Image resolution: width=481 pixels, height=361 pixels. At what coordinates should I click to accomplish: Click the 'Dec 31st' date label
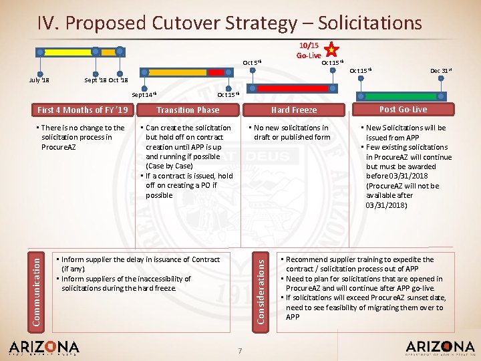pyautogui.click(x=439, y=70)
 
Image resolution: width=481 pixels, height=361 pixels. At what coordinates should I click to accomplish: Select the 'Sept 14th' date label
pyautogui.click(x=143, y=95)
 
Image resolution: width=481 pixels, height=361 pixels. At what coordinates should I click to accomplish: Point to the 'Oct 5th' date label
pyautogui.click(x=252, y=63)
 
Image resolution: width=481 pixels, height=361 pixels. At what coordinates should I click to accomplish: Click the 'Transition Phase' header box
pyautogui.click(x=188, y=110)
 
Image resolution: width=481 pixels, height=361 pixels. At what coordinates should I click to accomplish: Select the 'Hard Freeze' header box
pyautogui.click(x=294, y=110)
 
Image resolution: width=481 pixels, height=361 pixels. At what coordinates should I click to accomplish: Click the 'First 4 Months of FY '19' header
pyautogui.click(x=83, y=110)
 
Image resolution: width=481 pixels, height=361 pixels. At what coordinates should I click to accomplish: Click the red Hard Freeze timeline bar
pyautogui.click(x=293, y=88)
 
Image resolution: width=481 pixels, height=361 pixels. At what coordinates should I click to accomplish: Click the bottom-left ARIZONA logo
pyautogui.click(x=44, y=347)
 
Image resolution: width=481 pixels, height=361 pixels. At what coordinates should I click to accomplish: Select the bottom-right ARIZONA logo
pyautogui.click(x=440, y=347)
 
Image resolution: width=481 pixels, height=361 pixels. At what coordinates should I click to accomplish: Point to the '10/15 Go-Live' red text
pyautogui.click(x=310, y=50)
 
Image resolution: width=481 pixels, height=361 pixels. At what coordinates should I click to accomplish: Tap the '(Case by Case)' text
pyautogui.click(x=170, y=166)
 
